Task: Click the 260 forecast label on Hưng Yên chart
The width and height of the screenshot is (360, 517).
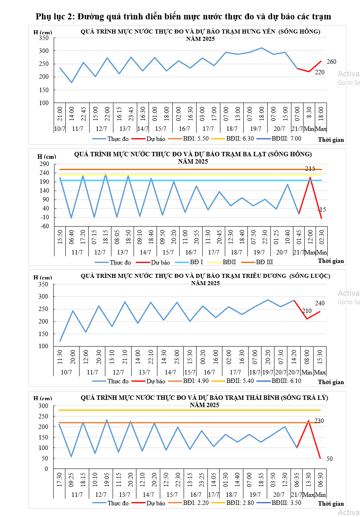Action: pos(331,62)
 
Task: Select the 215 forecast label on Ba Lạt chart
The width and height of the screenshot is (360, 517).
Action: pos(310,168)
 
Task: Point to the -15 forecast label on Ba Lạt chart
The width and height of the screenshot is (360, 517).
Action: pos(322,210)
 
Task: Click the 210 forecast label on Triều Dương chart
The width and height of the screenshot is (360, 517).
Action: pos(307,311)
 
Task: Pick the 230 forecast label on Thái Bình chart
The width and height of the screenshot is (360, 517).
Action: pos(319,421)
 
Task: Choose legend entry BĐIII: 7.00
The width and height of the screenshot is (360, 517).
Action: pos(286,139)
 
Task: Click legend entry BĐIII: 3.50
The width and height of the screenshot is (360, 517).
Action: pos(286,503)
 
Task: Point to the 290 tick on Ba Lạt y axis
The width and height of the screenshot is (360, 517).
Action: pos(44,164)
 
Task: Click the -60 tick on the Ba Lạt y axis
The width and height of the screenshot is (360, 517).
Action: pos(44,226)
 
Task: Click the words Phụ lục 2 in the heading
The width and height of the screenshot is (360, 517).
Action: pos(55,17)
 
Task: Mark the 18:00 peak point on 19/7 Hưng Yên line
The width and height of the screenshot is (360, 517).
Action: pos(262,48)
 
